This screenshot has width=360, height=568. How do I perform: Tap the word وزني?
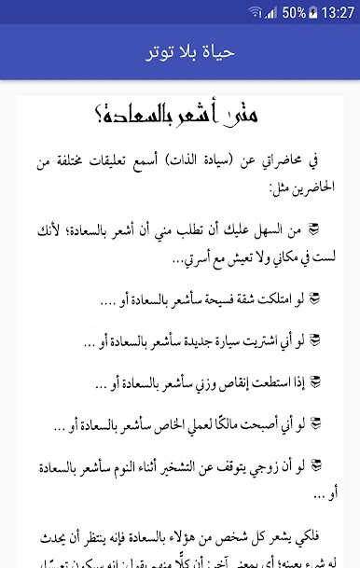click(200, 381)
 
